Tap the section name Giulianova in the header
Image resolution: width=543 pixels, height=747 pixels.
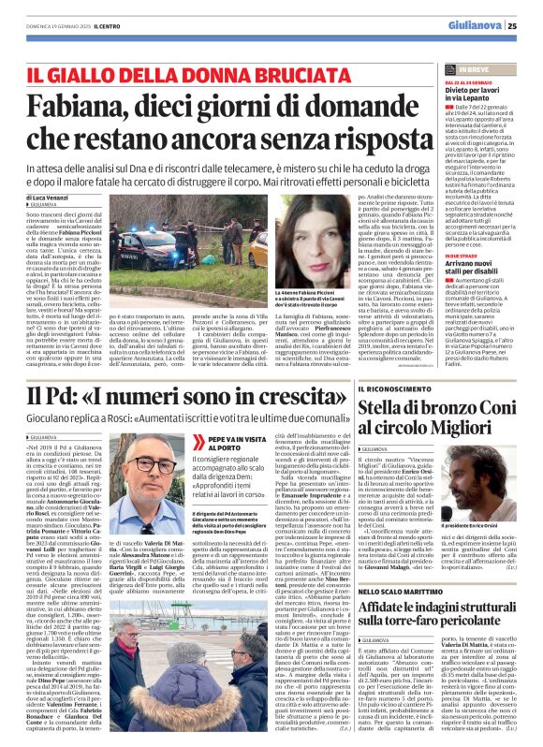pos(477,26)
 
